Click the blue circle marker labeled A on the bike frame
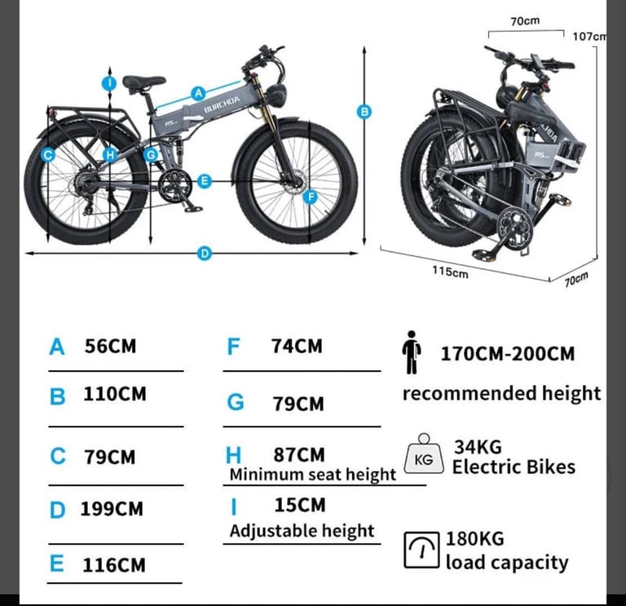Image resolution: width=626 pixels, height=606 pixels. click(198, 94)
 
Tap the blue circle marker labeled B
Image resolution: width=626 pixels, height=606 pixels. click(364, 112)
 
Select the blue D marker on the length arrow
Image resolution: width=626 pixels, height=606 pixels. click(205, 254)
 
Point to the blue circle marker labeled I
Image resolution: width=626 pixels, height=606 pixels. click(109, 83)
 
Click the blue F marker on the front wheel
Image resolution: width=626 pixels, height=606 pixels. click(311, 197)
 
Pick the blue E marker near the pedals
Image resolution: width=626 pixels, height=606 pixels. click(205, 181)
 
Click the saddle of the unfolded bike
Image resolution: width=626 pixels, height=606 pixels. click(143, 82)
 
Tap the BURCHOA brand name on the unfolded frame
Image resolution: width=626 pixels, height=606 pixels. click(222, 104)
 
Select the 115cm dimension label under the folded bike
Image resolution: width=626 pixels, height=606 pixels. click(450, 272)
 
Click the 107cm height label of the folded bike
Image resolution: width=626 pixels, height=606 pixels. click(589, 37)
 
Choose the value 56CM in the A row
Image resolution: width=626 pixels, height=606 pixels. click(110, 346)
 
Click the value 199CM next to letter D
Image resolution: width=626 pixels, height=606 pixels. click(112, 509)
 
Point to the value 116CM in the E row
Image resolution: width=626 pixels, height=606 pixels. click(114, 565)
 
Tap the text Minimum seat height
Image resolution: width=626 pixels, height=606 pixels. click(313, 475)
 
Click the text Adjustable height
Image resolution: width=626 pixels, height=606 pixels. click(302, 531)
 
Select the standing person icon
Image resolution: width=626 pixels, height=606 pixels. click(411, 352)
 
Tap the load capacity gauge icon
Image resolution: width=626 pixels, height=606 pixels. click(421, 550)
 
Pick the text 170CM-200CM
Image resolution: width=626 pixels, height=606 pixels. click(508, 354)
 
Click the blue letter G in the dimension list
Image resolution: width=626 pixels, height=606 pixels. click(236, 402)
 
